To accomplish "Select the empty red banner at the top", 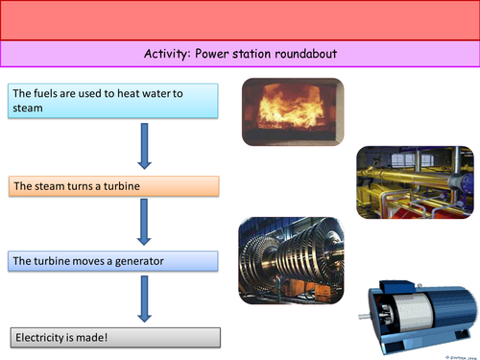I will pyautogui.click(x=240, y=19).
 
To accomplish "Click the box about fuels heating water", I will pyautogui.click(x=114, y=101).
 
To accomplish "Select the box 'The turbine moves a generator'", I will pyautogui.click(x=114, y=260).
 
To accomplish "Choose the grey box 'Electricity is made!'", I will pyautogui.click(x=114, y=337).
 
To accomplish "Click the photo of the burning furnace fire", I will pyautogui.click(x=292, y=113).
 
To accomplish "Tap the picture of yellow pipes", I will pyautogui.click(x=414, y=182).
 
